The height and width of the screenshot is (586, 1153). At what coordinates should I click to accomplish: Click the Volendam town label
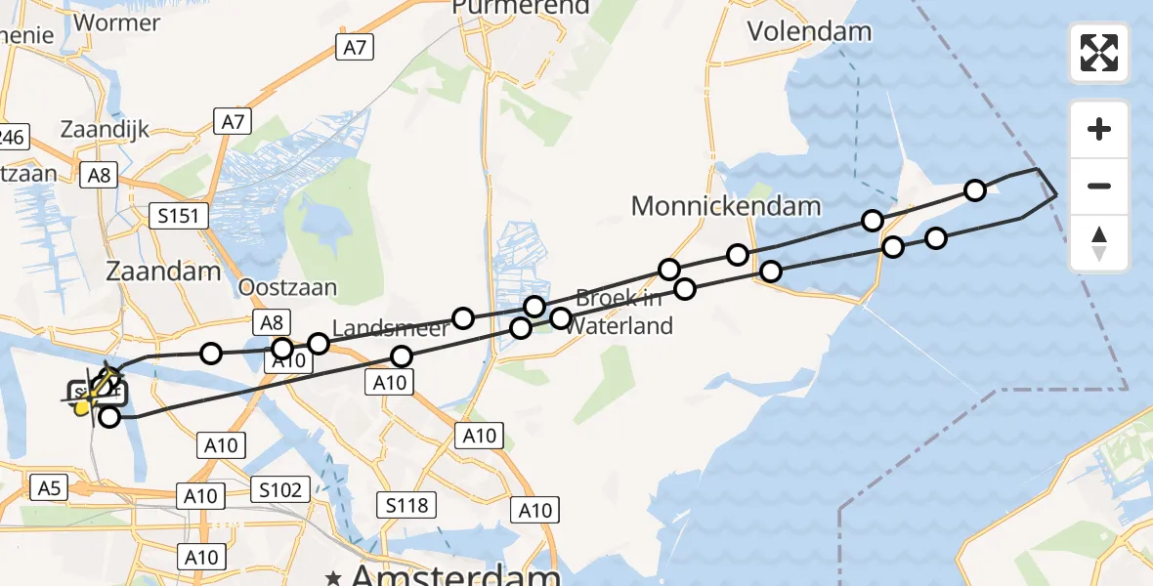(809, 30)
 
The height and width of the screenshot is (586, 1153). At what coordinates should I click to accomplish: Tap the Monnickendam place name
(726, 206)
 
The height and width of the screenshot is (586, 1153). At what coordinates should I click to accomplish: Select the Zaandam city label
(165, 271)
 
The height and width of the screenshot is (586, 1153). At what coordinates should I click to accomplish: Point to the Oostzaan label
(288, 287)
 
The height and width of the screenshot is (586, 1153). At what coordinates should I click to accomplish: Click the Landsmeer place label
(390, 327)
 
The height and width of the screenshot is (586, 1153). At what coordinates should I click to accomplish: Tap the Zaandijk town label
(106, 129)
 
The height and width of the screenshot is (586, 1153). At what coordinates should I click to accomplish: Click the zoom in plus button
(1099, 129)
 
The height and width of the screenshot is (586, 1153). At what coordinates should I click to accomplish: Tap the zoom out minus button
(1099, 186)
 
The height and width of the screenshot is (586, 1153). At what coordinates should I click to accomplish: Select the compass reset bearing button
(1099, 244)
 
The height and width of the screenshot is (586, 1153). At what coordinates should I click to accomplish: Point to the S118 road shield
(406, 505)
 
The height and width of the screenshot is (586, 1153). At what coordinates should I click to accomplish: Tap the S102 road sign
(279, 488)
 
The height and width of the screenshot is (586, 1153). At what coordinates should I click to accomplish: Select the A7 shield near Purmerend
(354, 46)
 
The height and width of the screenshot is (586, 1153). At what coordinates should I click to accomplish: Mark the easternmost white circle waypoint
(975, 190)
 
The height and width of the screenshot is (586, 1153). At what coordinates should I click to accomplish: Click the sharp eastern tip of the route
(1056, 195)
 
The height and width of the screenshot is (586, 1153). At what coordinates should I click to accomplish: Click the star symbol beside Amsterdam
(335, 577)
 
